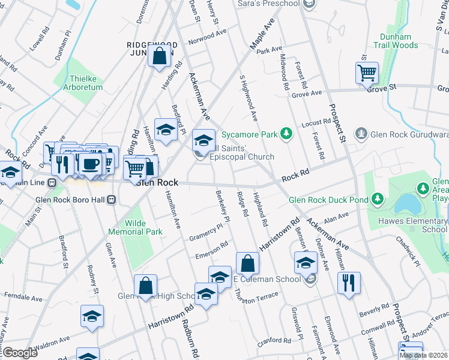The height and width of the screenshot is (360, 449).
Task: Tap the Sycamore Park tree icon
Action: pyautogui.click(x=287, y=134)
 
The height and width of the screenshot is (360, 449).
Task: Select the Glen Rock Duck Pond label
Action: pyautogui.click(x=328, y=200)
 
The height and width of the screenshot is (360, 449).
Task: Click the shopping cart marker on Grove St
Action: pyautogui.click(x=367, y=74)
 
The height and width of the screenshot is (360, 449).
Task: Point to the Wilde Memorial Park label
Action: pyautogui.click(x=135, y=227)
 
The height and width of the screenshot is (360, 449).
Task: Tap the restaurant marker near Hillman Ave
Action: pyautogui.click(x=349, y=282)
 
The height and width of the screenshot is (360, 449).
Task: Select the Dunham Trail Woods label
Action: pyautogui.click(x=396, y=40)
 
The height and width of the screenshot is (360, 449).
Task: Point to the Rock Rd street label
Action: pyautogui.click(x=295, y=175)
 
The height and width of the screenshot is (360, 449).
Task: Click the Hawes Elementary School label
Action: pyautogui.click(x=417, y=224)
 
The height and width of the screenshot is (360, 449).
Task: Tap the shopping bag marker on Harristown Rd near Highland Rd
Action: pyautogui.click(x=247, y=263)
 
